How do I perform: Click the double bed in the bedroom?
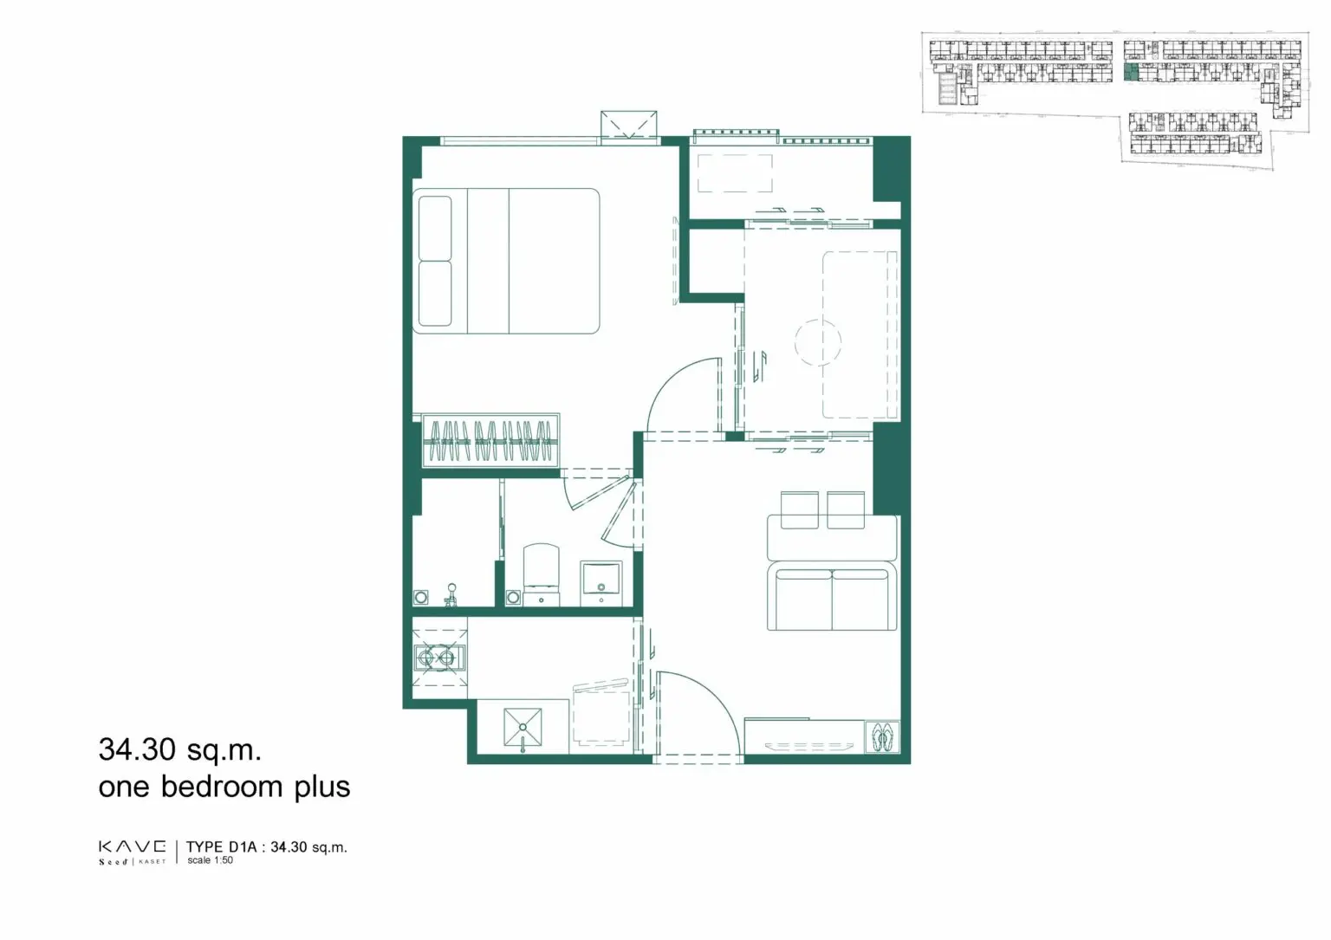[506, 261]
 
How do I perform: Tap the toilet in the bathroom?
[541, 574]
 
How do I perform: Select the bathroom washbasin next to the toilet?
[601, 583]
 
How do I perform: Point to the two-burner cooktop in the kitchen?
[437, 658]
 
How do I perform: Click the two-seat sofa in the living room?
[832, 596]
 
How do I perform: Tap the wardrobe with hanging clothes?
[490, 441]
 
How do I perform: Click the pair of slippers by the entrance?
[882, 737]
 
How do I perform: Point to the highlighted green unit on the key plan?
[1131, 73]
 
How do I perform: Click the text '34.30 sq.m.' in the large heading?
[180, 750]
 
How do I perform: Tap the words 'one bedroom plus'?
[224, 787]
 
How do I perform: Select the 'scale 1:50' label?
[210, 860]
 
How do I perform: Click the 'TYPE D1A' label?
[222, 846]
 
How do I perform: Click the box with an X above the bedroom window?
[628, 125]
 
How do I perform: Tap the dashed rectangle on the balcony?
[735, 173]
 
